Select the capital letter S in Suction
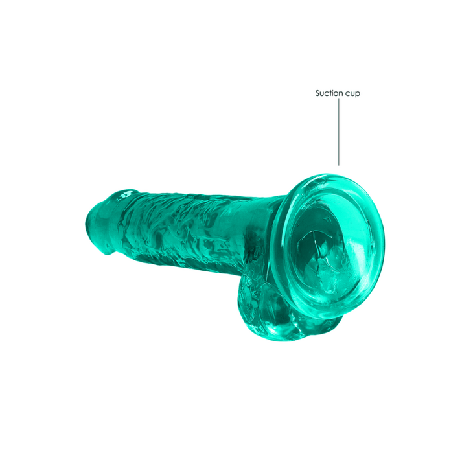tap(318, 93)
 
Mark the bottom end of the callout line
tap(338, 165)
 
